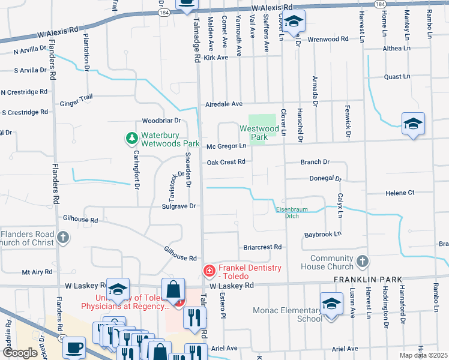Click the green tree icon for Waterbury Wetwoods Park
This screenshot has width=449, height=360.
(131, 139)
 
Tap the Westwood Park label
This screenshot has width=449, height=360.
(259, 133)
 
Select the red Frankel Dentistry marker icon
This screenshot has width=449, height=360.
(209, 272)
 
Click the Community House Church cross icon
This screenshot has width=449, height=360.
(362, 261)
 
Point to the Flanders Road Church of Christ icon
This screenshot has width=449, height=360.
(63, 238)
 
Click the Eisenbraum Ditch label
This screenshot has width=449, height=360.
(287, 212)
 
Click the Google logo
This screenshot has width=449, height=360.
(20, 353)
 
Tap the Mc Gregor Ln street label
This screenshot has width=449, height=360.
(226, 146)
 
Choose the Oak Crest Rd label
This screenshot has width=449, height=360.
(226, 162)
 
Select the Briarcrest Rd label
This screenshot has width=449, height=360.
(262, 247)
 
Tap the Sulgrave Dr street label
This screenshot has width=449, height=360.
(179, 206)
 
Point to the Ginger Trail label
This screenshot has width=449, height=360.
(76, 104)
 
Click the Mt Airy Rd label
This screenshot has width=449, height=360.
(38, 272)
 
